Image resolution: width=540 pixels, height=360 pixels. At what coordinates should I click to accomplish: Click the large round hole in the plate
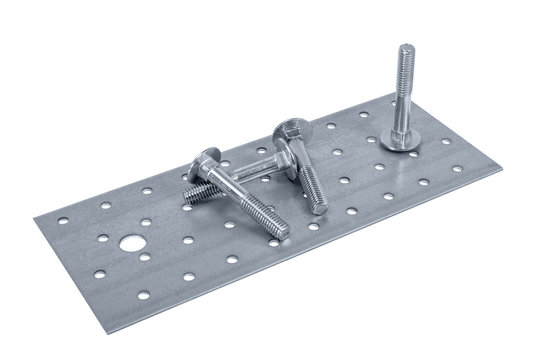(130, 242)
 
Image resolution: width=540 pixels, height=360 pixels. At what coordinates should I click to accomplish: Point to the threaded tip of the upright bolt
(404, 53)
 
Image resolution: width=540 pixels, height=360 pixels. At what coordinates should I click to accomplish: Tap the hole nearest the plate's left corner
(63, 220)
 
